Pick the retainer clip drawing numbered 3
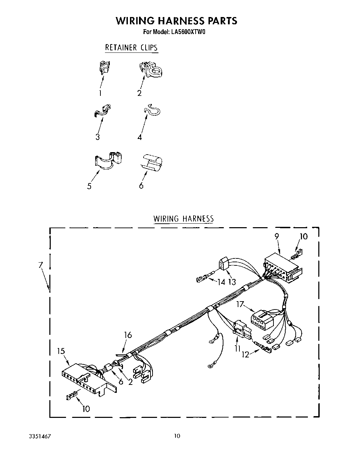[x=102, y=110]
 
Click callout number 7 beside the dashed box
[x=41, y=265]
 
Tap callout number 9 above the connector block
[x=277, y=236]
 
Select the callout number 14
[x=221, y=282]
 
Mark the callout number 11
[x=238, y=348]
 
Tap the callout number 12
[x=246, y=355]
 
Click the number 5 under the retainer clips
[x=89, y=186]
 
